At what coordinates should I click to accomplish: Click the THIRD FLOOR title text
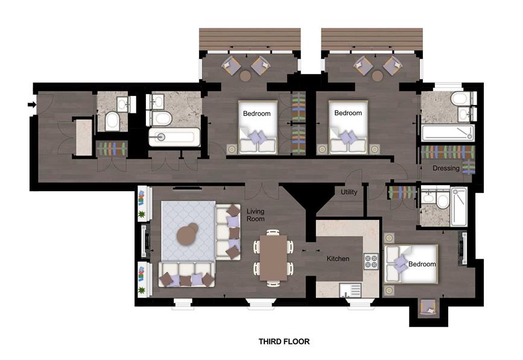(284, 341)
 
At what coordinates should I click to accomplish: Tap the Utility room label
(349, 192)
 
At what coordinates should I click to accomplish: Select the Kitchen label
(338, 259)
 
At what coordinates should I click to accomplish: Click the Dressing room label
(446, 168)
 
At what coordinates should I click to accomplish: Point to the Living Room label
(259, 215)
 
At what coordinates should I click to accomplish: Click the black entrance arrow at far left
(31, 106)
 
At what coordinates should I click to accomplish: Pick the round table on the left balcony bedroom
(245, 76)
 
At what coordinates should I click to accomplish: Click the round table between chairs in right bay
(378, 76)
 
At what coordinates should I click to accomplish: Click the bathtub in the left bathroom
(174, 137)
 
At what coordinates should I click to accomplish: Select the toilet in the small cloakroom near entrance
(112, 122)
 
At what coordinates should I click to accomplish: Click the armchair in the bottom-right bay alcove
(429, 308)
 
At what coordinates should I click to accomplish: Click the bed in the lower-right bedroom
(411, 263)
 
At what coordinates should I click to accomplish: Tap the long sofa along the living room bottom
(186, 274)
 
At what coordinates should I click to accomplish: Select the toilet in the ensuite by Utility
(443, 199)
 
